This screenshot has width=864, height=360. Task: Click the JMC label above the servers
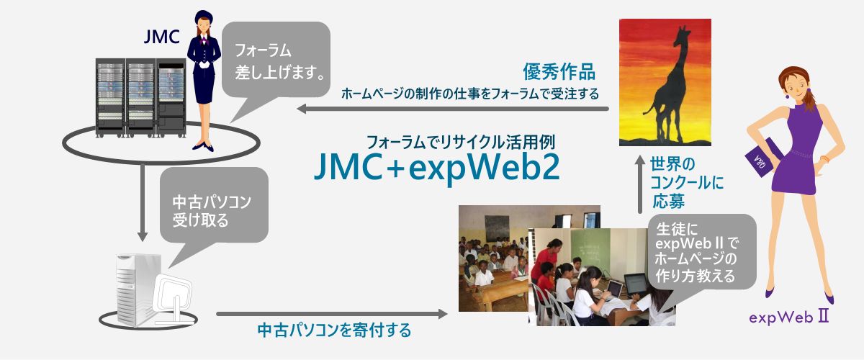point(161,37)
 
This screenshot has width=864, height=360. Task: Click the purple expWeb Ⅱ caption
point(789,318)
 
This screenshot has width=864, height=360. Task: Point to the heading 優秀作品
point(559,72)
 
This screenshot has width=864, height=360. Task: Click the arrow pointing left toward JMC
point(453,109)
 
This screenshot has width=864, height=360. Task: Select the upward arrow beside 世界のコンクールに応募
point(640,184)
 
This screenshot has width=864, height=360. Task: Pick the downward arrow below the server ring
point(143,202)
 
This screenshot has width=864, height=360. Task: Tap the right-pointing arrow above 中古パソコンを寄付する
point(332,314)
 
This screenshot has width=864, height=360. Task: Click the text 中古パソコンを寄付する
point(334,330)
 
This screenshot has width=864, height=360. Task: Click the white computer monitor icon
point(172,298)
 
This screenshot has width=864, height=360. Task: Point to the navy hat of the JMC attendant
point(204,17)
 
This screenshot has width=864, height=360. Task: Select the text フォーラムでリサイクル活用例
point(460,142)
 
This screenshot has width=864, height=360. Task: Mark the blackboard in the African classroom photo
point(497,228)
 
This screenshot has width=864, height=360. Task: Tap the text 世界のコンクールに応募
point(687,182)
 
